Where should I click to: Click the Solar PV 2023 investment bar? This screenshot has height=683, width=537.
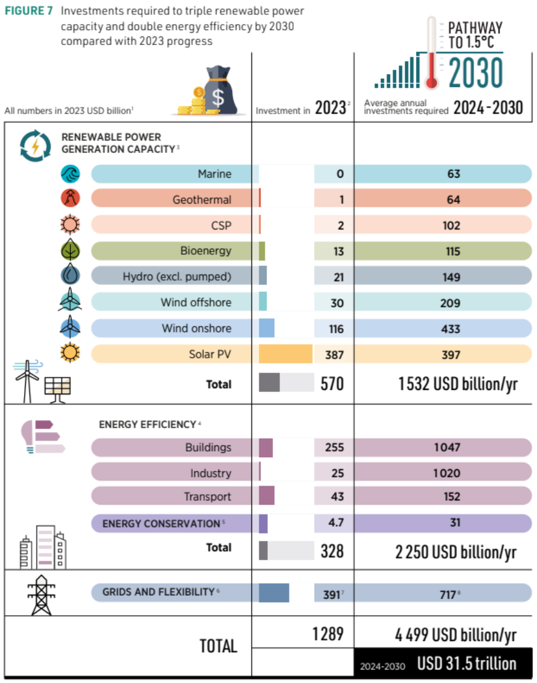pos(285,354)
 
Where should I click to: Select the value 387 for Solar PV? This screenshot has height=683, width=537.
pos(335,355)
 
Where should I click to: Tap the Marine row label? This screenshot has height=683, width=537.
pos(214,174)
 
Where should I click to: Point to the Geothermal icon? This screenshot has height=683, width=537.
pos(70,199)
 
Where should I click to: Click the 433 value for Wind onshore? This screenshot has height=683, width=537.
pos(454,329)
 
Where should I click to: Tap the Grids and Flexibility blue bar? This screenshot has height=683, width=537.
pos(273,592)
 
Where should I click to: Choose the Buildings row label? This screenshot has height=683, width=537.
pos(208,447)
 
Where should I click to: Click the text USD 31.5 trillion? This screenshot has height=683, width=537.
pos(466,664)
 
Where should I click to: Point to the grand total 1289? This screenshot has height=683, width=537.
pos(328,634)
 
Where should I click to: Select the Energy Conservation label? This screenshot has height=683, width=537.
pos(161,524)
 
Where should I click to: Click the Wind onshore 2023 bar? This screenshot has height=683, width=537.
pos(267,328)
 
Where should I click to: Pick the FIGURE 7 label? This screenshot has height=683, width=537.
pos(28,12)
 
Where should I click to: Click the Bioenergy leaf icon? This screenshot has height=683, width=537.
pos(70,250)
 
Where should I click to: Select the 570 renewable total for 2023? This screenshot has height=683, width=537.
pos(332,384)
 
